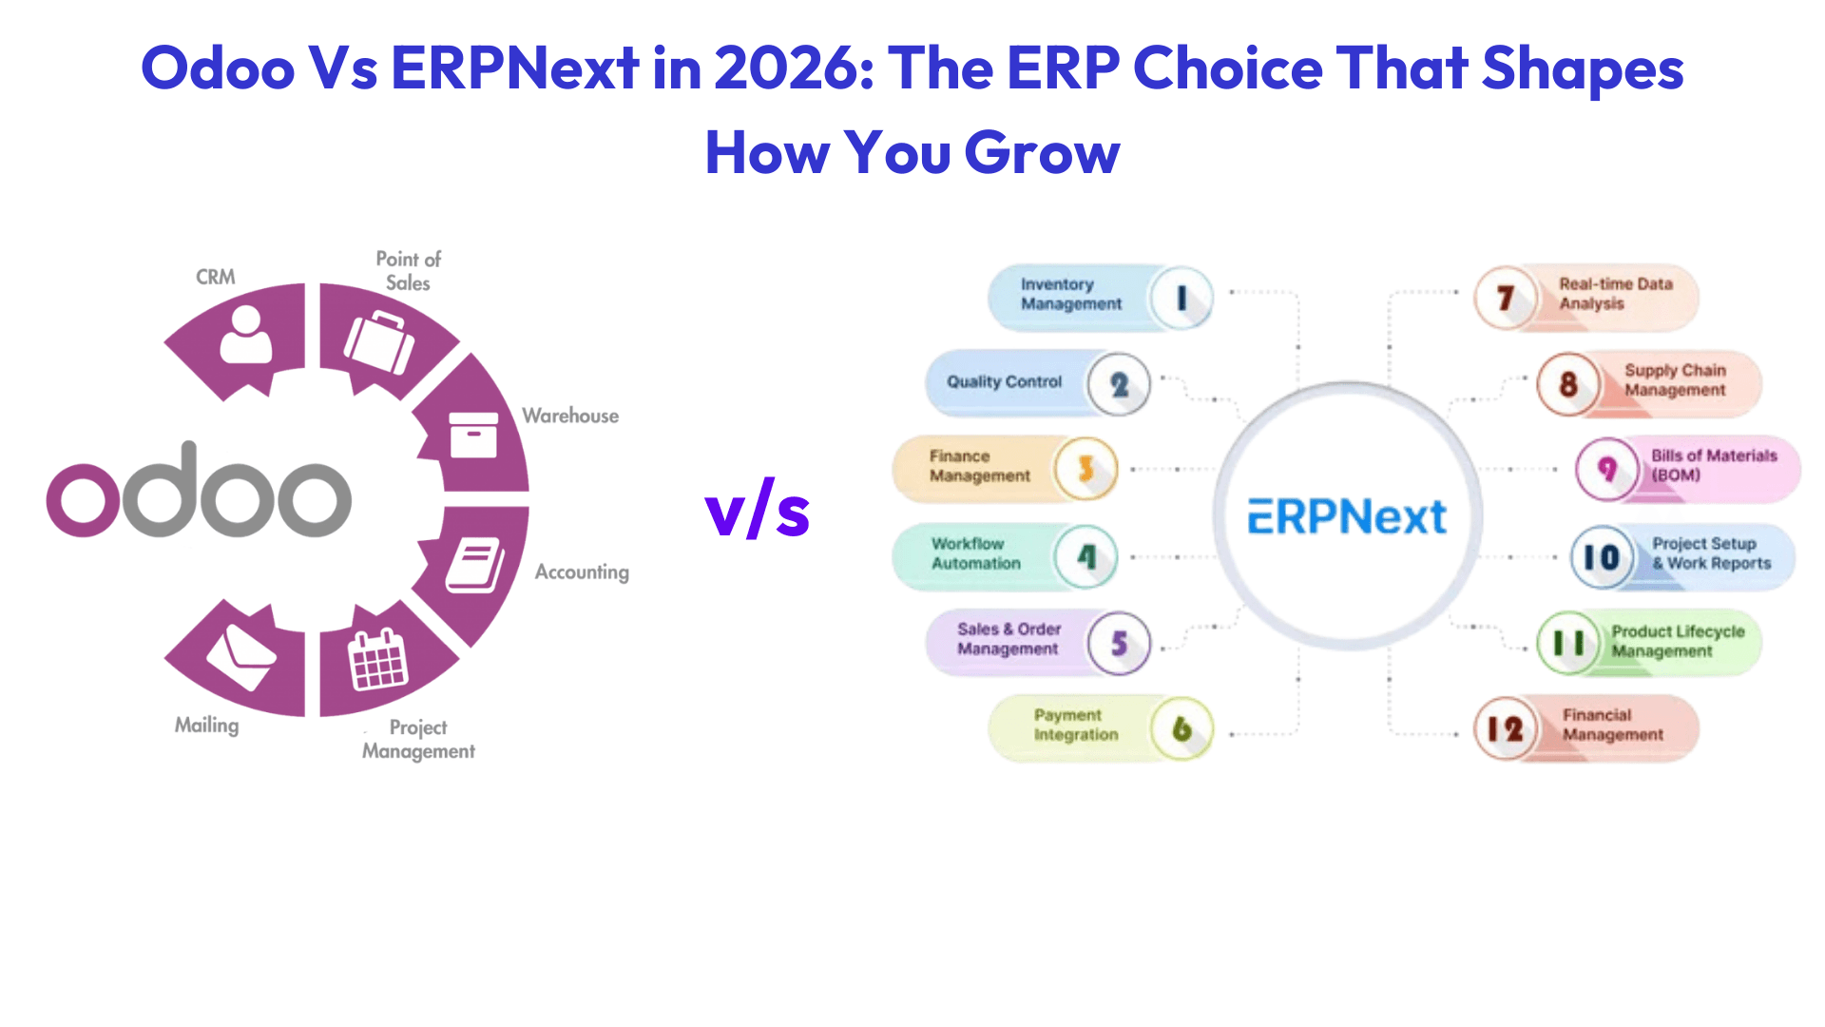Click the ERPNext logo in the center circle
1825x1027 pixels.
pyautogui.click(x=1347, y=517)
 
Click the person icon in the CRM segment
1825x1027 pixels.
pyautogui.click(x=245, y=335)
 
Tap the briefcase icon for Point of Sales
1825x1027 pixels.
pyautogui.click(x=379, y=341)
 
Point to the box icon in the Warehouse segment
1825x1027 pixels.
pyautogui.click(x=472, y=435)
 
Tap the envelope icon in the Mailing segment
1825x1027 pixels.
pyautogui.click(x=241, y=656)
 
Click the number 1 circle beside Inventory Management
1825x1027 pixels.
pyautogui.click(x=1181, y=299)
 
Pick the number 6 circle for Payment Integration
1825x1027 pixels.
pyautogui.click(x=1181, y=729)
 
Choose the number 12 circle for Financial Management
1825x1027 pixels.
pyautogui.click(x=1505, y=729)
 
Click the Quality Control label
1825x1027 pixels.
pyautogui.click(x=1004, y=382)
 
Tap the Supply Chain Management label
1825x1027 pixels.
pyautogui.click(x=1675, y=380)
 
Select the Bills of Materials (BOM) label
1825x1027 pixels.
pyautogui.click(x=1713, y=466)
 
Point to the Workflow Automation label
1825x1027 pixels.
pyautogui.click(x=975, y=553)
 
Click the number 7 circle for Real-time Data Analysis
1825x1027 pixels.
pyautogui.click(x=1506, y=299)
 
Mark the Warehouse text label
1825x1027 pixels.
pyautogui.click(x=570, y=416)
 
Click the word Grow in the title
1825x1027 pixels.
pyautogui.click(x=1042, y=152)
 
